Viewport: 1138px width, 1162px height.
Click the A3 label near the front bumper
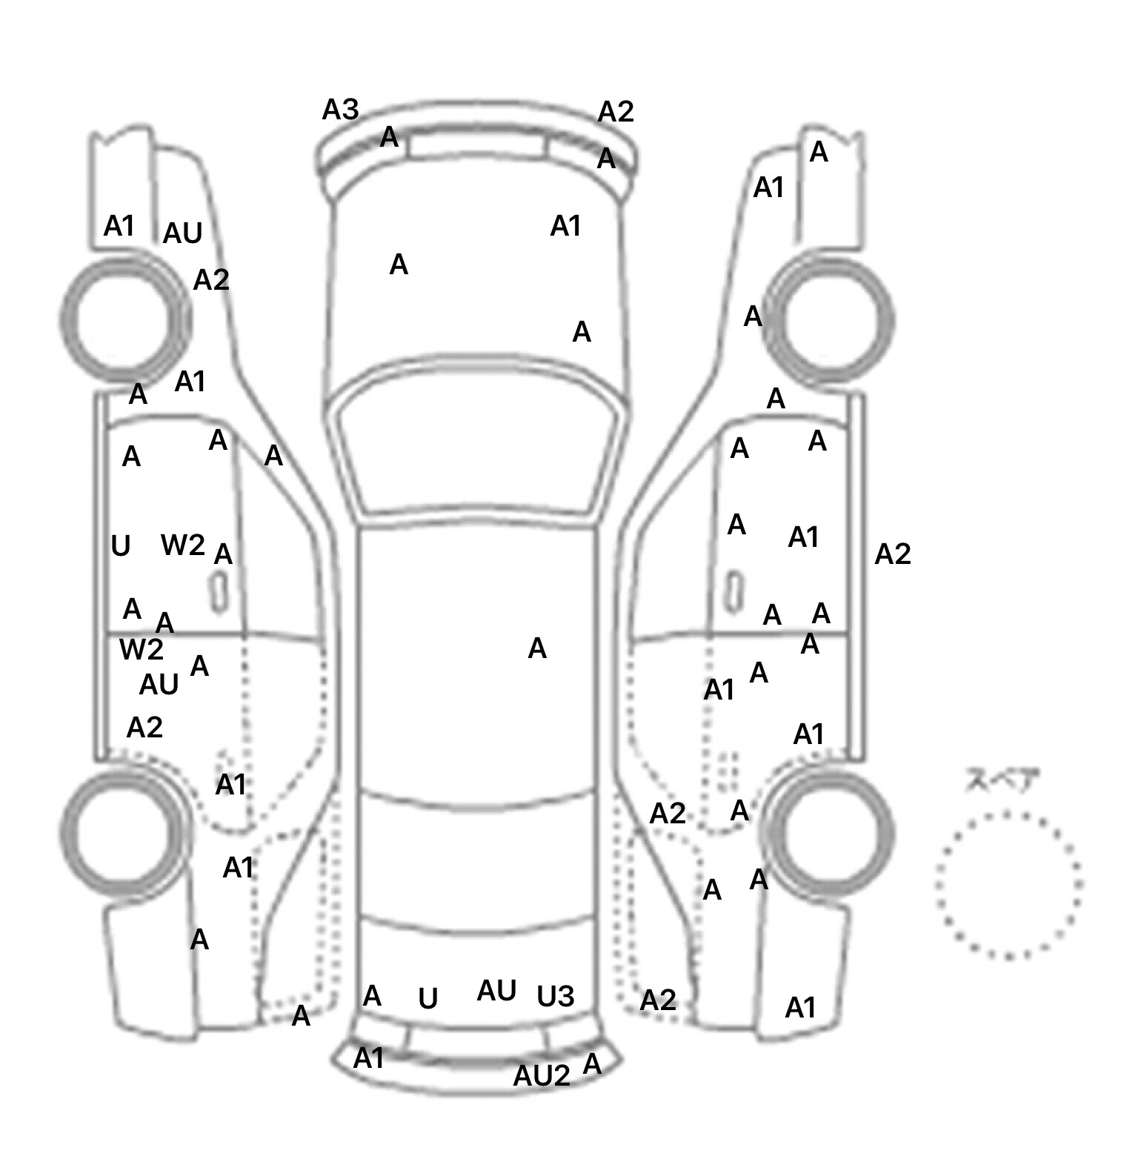tap(340, 110)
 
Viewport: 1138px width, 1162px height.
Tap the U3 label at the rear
tap(555, 997)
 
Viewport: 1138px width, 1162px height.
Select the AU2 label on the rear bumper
tap(542, 1076)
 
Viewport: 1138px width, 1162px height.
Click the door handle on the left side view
tap(220, 591)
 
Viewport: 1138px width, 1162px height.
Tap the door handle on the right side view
tap(734, 591)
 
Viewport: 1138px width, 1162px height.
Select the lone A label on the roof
tap(537, 649)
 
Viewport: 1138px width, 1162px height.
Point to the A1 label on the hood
tap(565, 226)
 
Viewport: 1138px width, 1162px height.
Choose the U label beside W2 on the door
tap(120, 547)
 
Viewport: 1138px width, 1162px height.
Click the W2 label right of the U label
tap(182, 545)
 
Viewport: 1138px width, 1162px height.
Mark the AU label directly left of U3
tap(496, 992)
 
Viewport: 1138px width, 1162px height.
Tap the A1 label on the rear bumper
tap(368, 1059)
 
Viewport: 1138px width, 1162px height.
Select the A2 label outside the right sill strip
tap(893, 554)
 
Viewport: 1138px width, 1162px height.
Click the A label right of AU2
tap(592, 1065)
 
